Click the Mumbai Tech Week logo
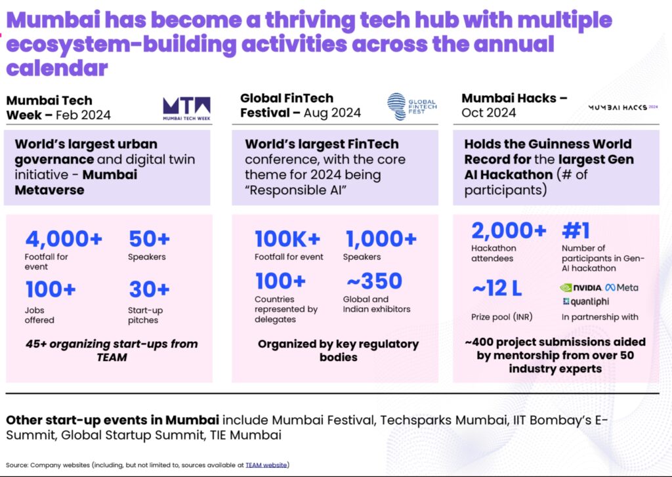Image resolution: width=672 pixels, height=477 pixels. [x=186, y=108]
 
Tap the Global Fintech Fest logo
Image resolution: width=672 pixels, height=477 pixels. [x=412, y=106]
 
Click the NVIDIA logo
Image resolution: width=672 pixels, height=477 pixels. [x=581, y=287]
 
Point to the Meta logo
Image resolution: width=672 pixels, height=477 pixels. [x=622, y=287]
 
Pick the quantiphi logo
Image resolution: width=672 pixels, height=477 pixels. [x=586, y=302]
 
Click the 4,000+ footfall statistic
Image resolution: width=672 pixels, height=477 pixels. [x=64, y=239]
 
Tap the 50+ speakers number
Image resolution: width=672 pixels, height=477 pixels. [x=149, y=239]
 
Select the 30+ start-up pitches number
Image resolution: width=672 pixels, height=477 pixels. [x=149, y=289]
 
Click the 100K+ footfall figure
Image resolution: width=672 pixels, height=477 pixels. [x=287, y=239]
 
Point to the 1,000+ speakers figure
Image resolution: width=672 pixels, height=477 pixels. [x=381, y=239]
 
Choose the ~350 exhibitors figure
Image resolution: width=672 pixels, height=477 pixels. [x=374, y=281]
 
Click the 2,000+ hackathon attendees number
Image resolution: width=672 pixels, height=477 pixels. [x=509, y=230]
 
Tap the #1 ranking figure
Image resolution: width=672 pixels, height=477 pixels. [x=576, y=230]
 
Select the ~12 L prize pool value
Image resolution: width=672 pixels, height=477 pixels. [x=497, y=288]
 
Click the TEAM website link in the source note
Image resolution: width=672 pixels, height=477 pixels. [x=266, y=465]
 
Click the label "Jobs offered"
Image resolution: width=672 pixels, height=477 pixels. [x=39, y=315]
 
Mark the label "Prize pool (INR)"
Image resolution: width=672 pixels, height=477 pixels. [x=502, y=317]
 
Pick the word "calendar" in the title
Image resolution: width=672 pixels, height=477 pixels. [x=56, y=68]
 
